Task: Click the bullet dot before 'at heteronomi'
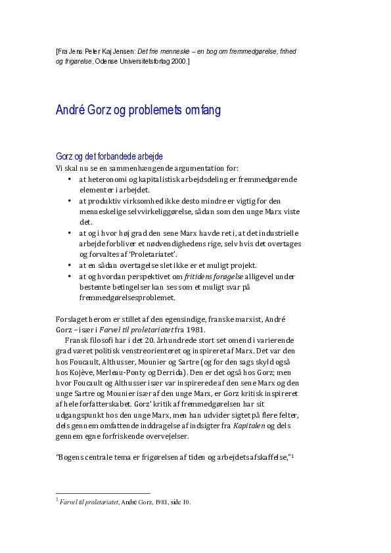tap(70, 179)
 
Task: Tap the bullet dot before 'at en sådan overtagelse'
tap(70, 266)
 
